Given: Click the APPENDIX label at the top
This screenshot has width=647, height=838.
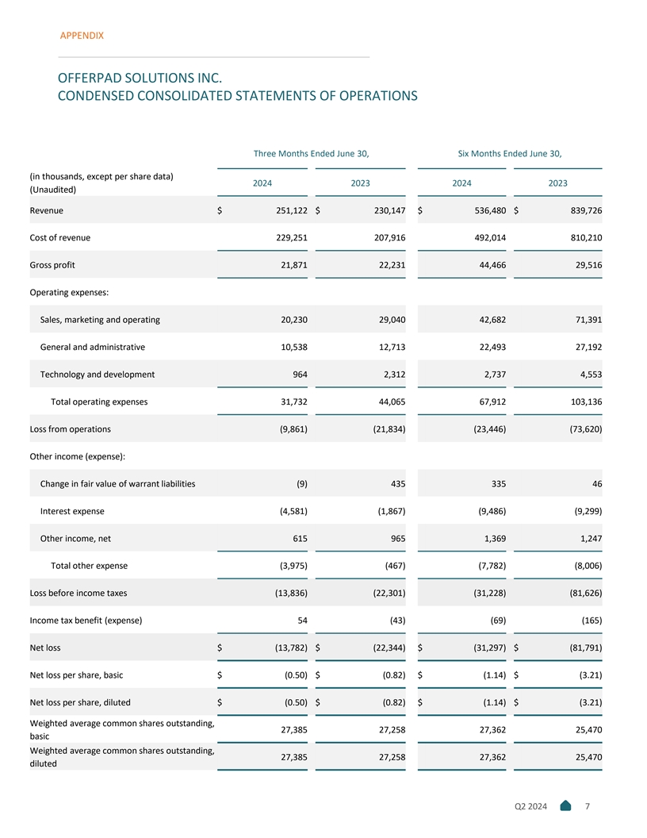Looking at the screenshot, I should (82, 36).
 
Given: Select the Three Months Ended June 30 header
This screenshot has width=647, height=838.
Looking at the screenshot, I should (311, 153).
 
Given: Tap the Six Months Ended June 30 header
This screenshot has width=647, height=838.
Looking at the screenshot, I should (510, 153).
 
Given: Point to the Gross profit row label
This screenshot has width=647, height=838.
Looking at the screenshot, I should (52, 265).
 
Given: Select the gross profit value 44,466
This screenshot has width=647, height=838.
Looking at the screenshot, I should (487, 265).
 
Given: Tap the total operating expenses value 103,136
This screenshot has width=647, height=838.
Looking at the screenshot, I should (581, 402).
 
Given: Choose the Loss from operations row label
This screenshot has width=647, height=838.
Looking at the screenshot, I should (70, 429).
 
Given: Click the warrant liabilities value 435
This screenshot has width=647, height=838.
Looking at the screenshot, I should (397, 483).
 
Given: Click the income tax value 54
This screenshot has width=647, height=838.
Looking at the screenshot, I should (301, 620).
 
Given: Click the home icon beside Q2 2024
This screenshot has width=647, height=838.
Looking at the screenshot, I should (565, 807).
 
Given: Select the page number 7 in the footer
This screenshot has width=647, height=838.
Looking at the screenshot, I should (587, 807).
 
